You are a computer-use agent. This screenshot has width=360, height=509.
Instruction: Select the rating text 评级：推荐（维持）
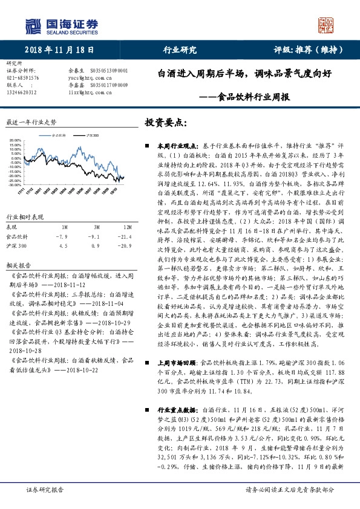304,50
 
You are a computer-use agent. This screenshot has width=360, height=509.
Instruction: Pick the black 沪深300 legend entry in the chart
92,136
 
